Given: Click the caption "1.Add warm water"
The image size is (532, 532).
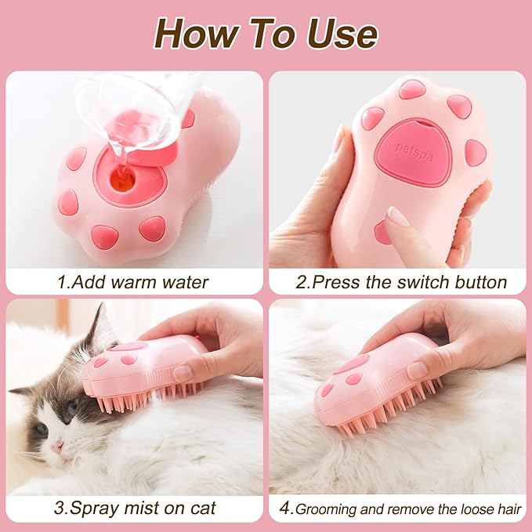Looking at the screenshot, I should tap(132, 282).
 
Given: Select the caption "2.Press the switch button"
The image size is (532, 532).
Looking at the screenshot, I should tap(401, 282).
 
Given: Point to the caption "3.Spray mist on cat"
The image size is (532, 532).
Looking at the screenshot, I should tap(134, 508).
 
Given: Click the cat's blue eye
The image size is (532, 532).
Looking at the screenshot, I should tap(71, 407).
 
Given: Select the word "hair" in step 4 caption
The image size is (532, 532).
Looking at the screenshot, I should tap(506, 508).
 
